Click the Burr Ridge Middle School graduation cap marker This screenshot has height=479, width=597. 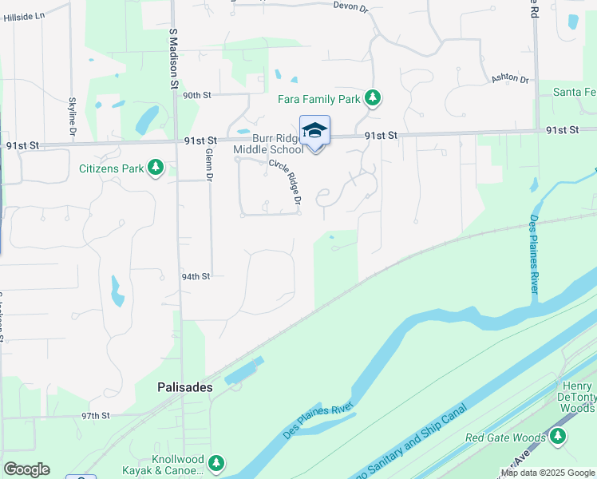tap(314, 130)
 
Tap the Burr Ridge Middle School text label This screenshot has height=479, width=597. tap(268, 144)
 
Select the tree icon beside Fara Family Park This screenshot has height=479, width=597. tap(372, 99)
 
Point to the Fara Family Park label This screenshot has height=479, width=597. tap(319, 100)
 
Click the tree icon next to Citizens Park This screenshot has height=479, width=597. tap(156, 168)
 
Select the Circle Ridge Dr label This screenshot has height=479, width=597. tap(284, 180)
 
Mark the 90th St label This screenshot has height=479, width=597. tap(196, 95)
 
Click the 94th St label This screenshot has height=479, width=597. tap(196, 276)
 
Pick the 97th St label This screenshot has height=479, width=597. tap(95, 416)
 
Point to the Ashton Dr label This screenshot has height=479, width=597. tap(510, 77)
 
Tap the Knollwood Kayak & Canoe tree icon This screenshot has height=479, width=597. tap(215, 463)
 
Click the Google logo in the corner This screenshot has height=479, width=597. tap(26, 469)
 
